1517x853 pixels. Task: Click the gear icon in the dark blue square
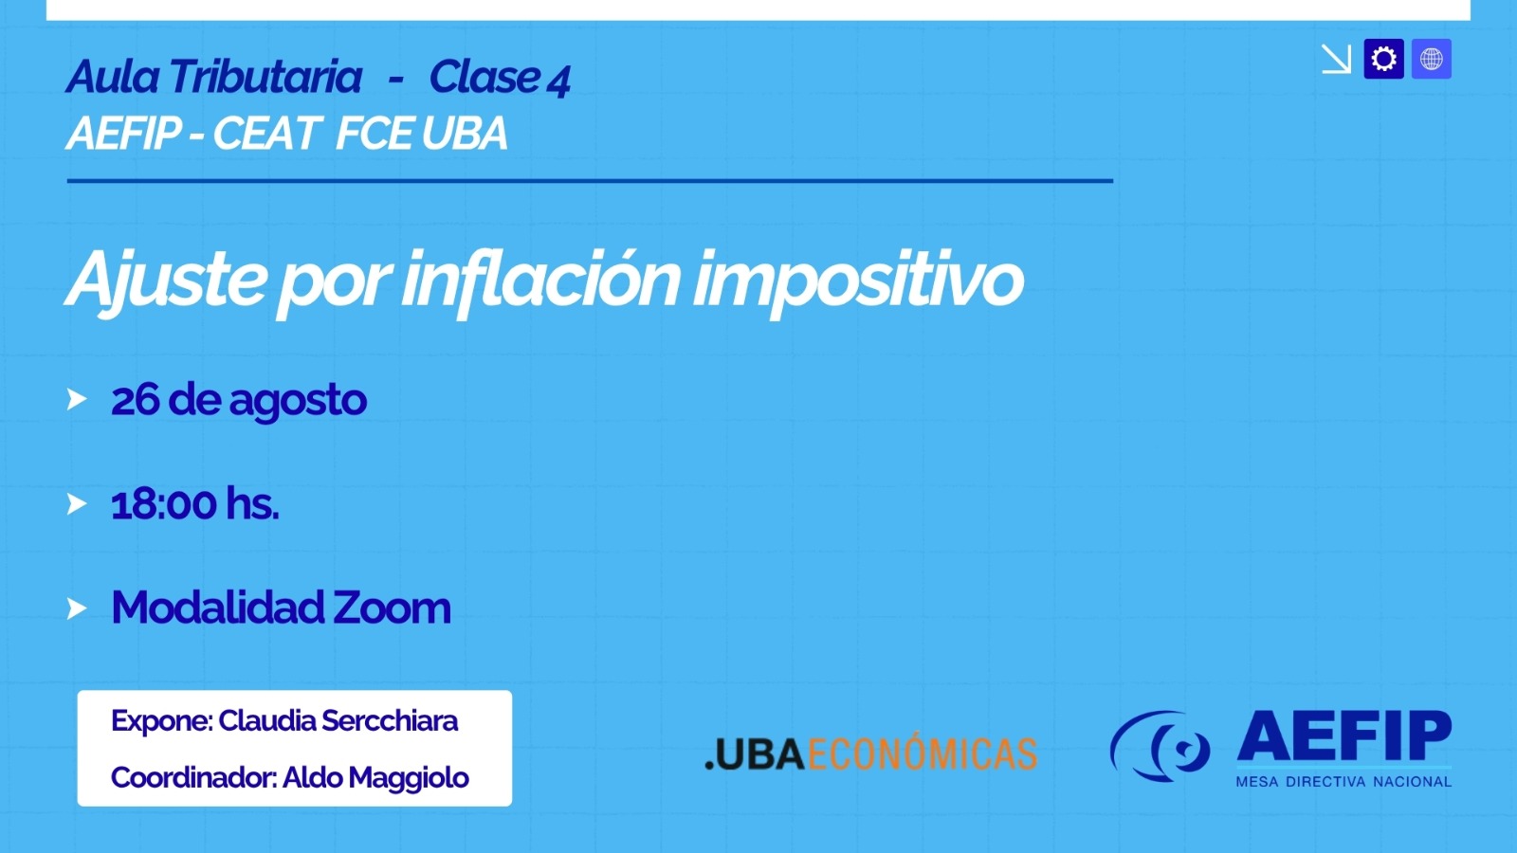[1383, 59]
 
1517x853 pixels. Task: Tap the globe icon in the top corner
[1431, 59]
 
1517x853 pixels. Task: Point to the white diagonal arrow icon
[1336, 59]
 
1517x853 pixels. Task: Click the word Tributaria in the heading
[265, 77]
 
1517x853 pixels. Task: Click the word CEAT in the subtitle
[265, 133]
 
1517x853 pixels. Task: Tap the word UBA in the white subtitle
[465, 133]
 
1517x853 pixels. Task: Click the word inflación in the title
[540, 281]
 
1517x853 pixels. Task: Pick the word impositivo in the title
[858, 281]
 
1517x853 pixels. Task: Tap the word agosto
[298, 402]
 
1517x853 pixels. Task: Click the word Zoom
[391, 608]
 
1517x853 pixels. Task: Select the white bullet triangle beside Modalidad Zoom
[77, 608]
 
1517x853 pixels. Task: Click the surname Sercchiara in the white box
[390, 721]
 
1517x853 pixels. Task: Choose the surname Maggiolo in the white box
[375, 779]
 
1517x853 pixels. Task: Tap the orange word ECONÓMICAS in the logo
[922, 753]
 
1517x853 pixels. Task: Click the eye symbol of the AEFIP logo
[1161, 745]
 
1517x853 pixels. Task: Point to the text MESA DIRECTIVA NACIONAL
[1343, 782]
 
